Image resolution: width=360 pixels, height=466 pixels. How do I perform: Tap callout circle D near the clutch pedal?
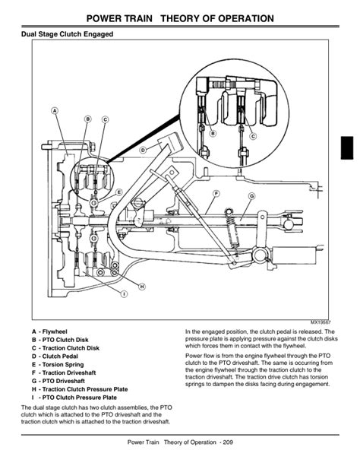(141, 150)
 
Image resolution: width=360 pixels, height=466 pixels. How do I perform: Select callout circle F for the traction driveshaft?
(216, 193)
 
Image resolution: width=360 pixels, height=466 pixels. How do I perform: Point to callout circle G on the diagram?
(251, 196)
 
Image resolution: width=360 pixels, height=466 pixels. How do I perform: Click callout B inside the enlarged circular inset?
(213, 134)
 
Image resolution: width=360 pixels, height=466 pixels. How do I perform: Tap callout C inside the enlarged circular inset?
(252, 136)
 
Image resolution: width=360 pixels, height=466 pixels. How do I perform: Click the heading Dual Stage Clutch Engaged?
(68, 34)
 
